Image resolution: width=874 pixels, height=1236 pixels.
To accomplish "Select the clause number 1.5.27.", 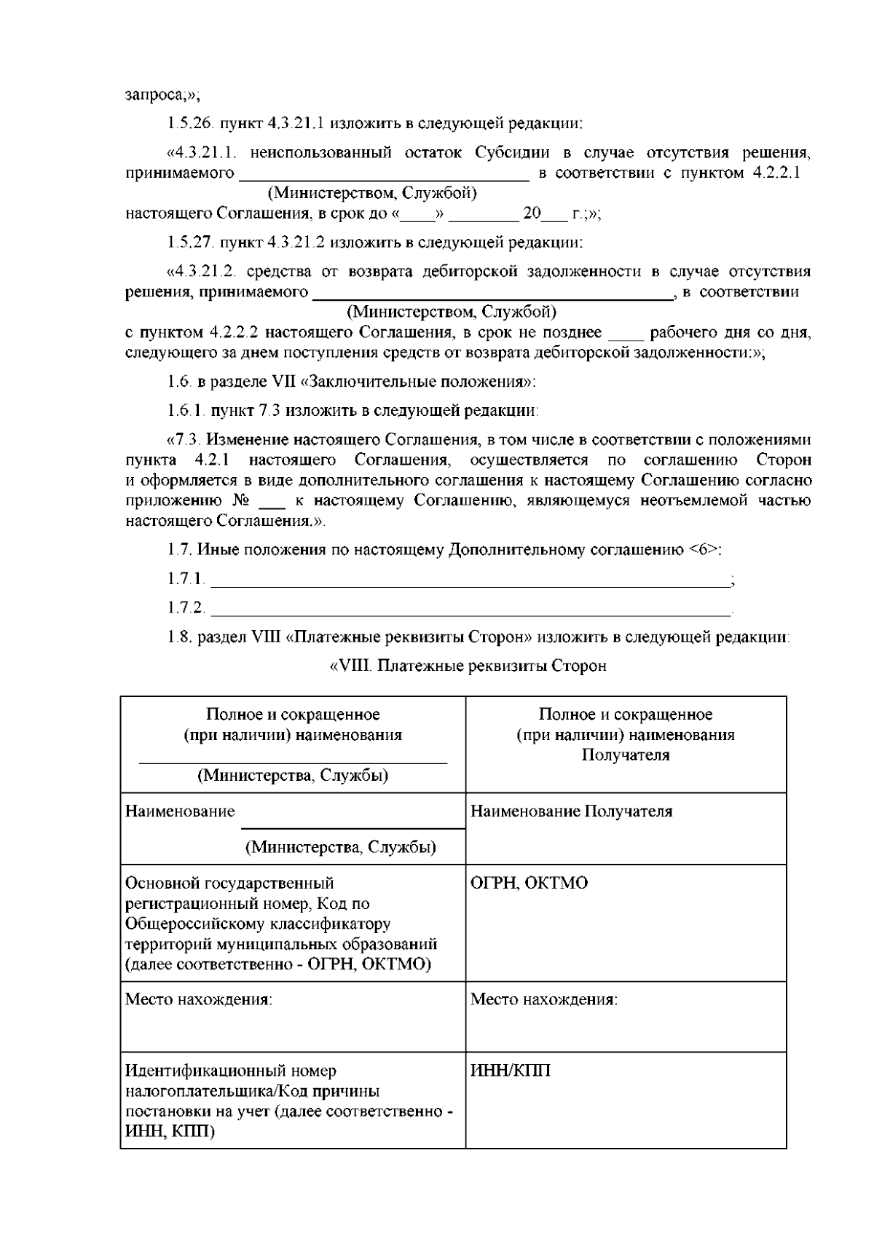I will click(189, 242).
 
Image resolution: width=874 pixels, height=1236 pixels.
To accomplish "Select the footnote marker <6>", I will click(703, 550).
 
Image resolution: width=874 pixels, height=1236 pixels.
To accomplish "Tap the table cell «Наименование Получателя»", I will click(572, 811).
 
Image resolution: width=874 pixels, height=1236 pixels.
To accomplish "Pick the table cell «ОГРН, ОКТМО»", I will click(529, 883).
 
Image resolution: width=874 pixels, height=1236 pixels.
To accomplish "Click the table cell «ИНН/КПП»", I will click(511, 1071).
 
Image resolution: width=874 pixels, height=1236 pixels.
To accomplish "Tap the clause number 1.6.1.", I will click(186, 410).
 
